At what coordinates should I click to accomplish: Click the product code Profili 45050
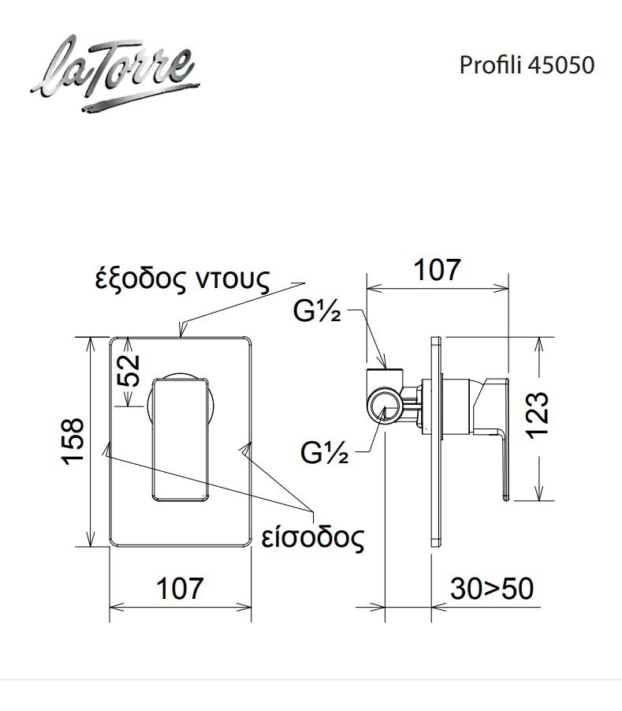(x=526, y=65)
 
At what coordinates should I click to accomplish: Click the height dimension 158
(x=73, y=441)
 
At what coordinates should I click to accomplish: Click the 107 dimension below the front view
(x=179, y=588)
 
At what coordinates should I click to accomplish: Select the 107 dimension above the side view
(x=438, y=270)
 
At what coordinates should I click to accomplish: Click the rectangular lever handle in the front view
(x=179, y=439)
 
